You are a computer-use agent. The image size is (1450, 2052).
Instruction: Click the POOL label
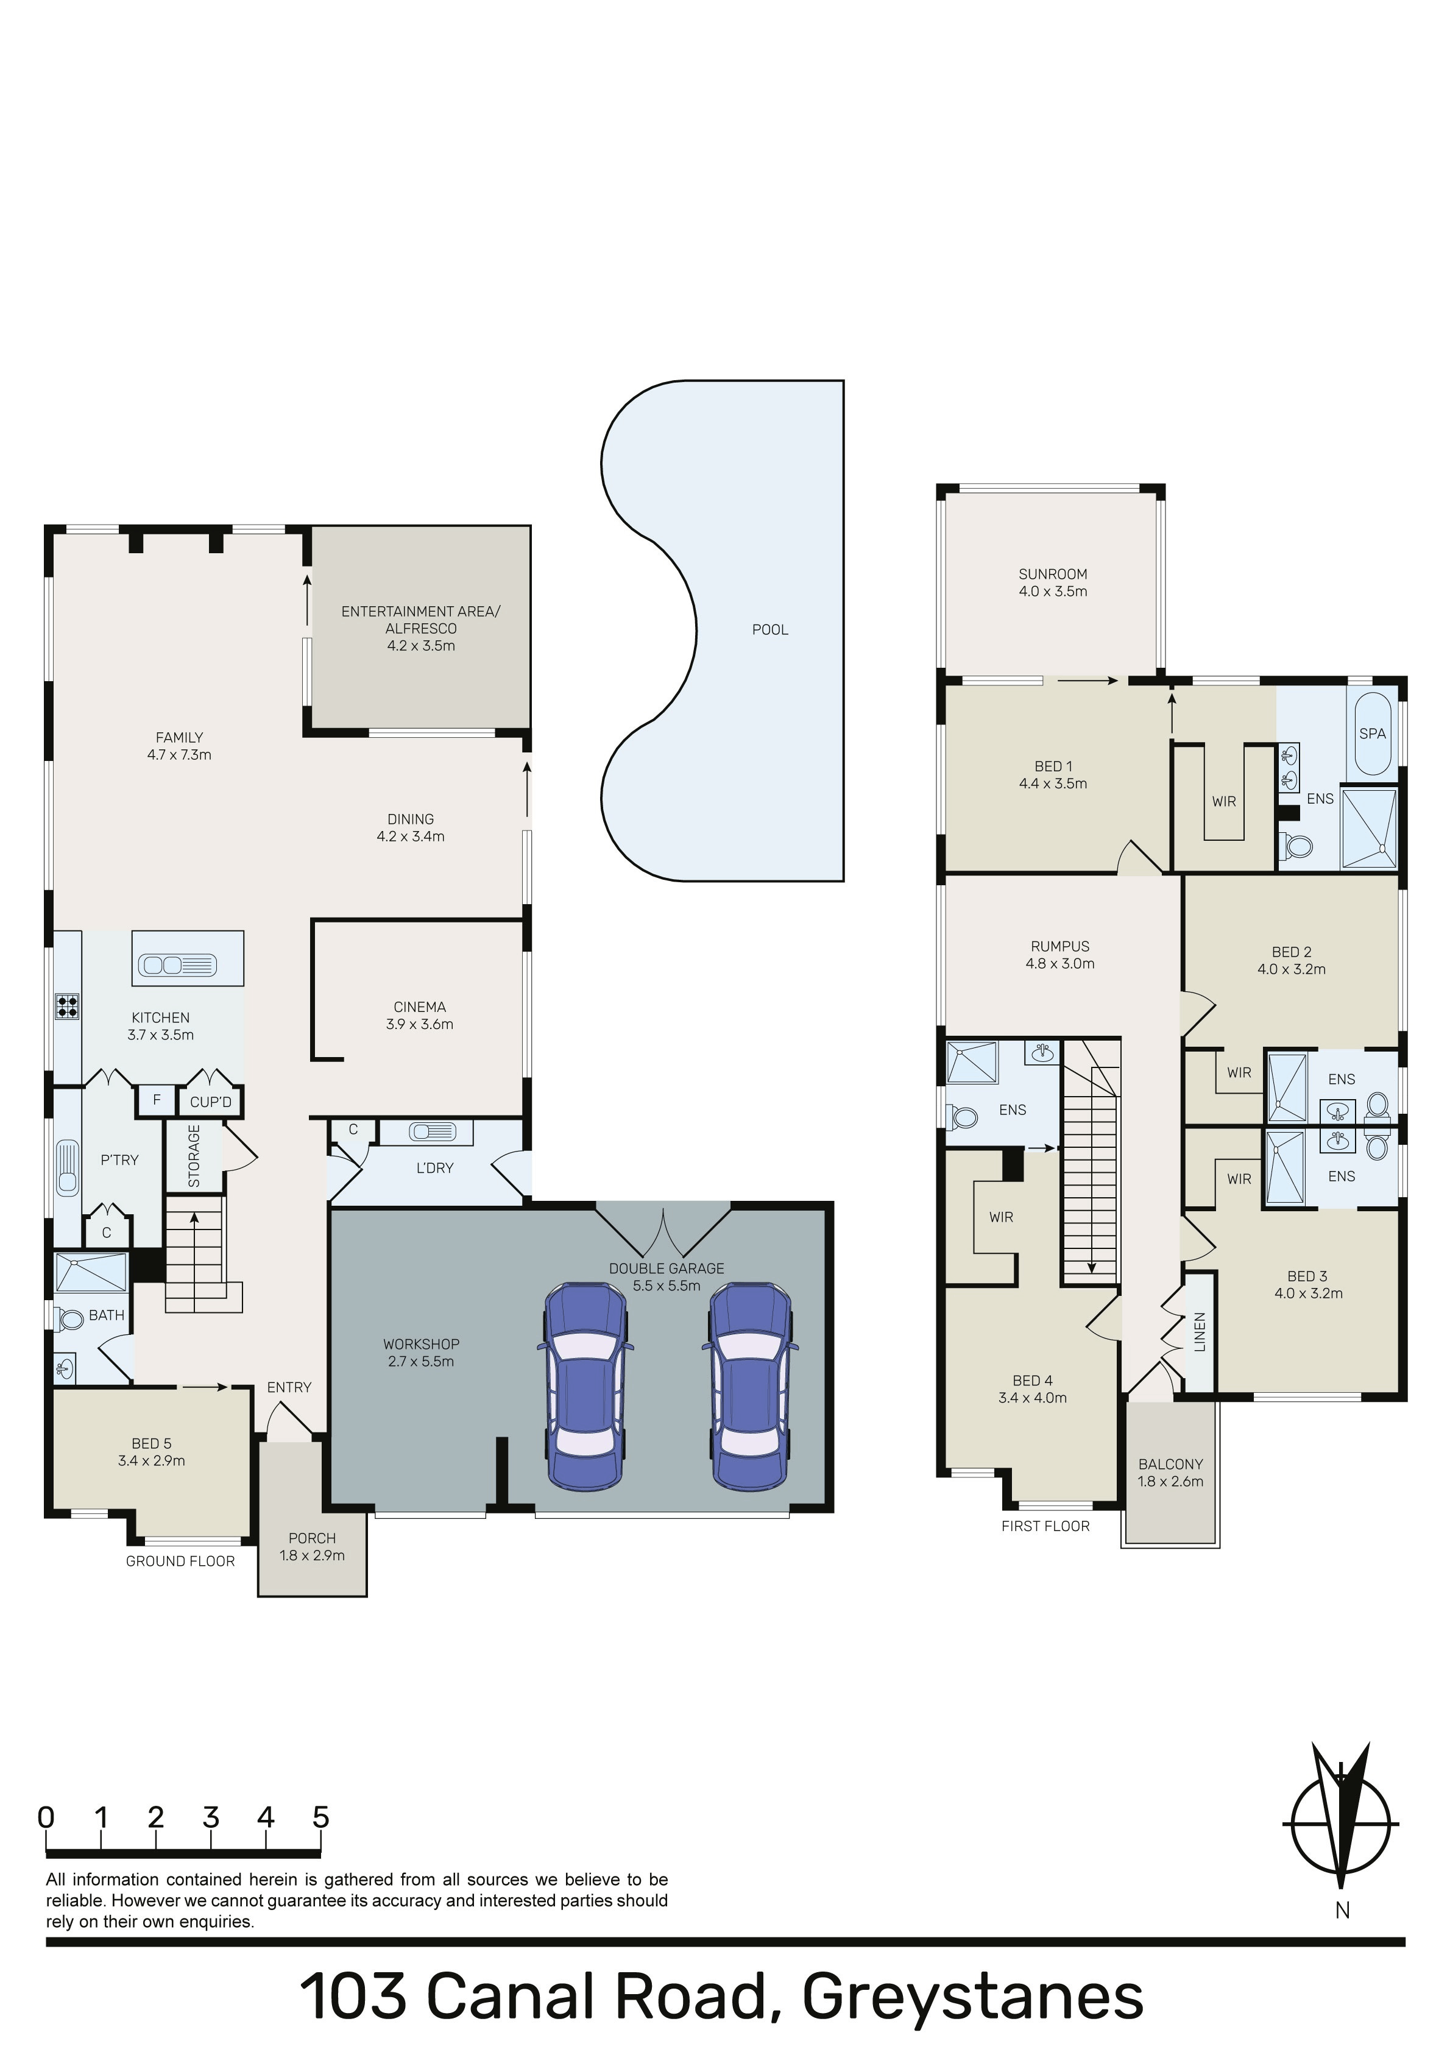click(769, 629)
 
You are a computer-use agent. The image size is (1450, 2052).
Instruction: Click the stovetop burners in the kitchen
click(67, 1007)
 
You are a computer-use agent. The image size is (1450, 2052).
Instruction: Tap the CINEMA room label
click(419, 1007)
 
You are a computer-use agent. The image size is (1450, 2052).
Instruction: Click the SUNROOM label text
click(1053, 574)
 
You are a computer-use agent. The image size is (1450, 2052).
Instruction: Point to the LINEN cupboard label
click(1200, 1332)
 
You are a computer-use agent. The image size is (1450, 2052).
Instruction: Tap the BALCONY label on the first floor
click(1170, 1464)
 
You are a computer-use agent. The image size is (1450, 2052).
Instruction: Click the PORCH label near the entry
click(312, 1538)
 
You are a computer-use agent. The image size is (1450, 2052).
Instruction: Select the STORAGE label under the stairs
click(194, 1156)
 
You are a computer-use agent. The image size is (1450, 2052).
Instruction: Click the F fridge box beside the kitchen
click(157, 1100)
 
